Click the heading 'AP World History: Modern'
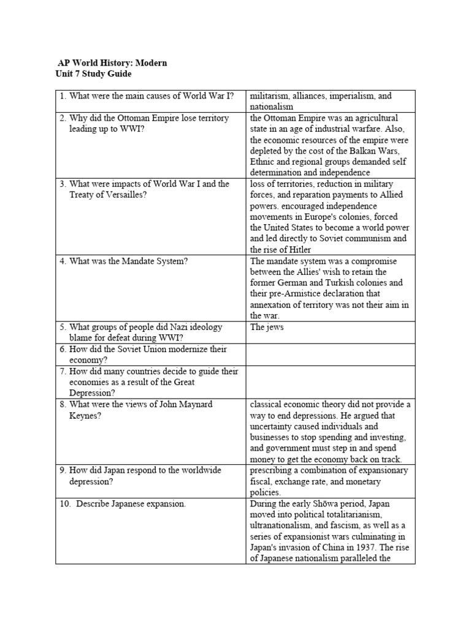tap(112, 63)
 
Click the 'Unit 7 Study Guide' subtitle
tap(93, 74)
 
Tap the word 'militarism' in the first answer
tap(270, 96)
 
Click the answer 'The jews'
tap(267, 327)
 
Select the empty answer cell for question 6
tap(330, 355)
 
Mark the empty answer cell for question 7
tap(330, 381)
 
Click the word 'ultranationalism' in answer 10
tap(282, 526)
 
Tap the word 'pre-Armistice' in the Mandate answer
tap(289, 294)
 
